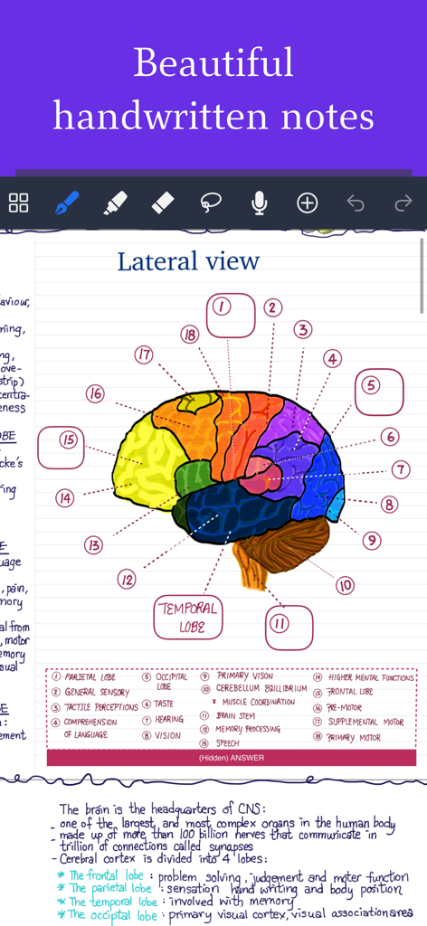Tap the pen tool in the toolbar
tap(67, 203)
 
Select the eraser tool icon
tap(163, 203)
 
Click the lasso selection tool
tap(211, 203)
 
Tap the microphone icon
tap(259, 203)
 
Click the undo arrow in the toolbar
tap(356, 203)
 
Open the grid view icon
tap(19, 203)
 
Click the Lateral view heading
tap(188, 262)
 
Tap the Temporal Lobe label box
tap(188, 617)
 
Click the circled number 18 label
tap(189, 335)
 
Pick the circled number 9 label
tap(371, 540)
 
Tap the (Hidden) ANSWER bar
tap(232, 758)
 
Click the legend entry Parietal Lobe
tap(89, 677)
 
